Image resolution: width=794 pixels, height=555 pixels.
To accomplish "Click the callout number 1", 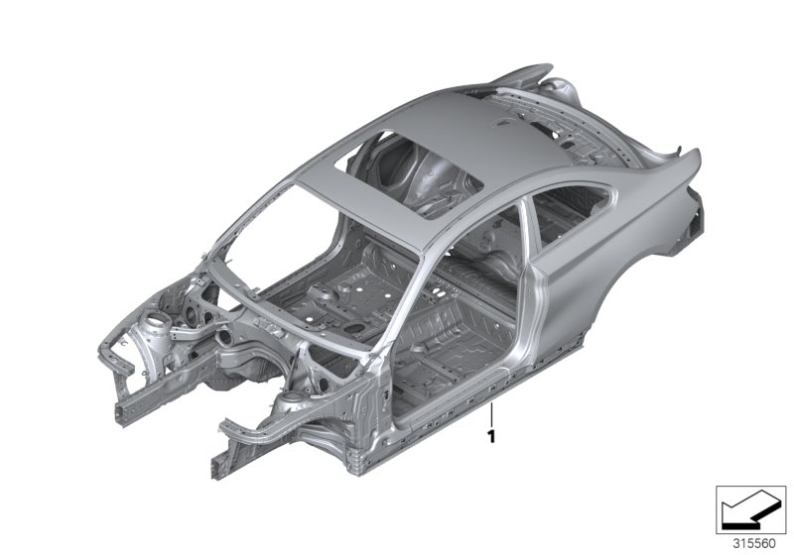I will click(x=490, y=434).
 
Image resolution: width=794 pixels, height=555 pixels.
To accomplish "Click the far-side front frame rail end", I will click(x=103, y=377).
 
